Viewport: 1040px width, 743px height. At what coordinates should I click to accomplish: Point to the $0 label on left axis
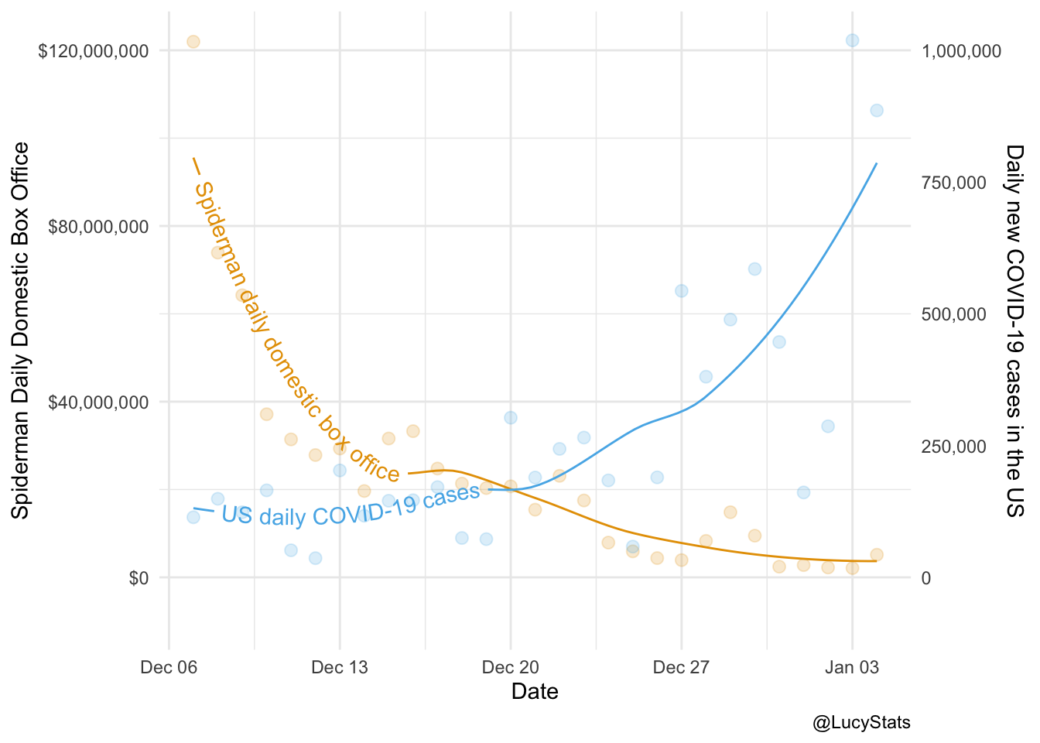click(139, 578)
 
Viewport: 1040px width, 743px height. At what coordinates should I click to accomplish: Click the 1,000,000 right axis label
click(961, 51)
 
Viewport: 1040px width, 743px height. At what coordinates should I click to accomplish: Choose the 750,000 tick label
click(954, 183)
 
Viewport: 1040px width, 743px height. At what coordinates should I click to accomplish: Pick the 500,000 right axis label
click(954, 314)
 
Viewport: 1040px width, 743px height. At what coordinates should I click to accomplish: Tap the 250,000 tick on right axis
click(954, 447)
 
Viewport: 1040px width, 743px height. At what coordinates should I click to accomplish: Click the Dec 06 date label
click(169, 667)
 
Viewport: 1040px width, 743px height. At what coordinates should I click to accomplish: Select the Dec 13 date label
click(340, 667)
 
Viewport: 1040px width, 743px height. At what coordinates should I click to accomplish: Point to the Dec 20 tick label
click(510, 667)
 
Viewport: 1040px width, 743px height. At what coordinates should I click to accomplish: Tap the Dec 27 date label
click(681, 667)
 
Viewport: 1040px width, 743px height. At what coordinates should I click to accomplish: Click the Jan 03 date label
click(852, 667)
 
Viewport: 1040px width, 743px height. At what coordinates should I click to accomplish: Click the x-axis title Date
click(535, 691)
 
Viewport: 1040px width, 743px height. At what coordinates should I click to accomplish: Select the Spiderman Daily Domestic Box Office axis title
click(21, 330)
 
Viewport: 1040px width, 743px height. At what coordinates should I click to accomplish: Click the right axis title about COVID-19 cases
click(1014, 330)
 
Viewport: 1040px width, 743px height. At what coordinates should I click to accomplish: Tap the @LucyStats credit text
click(861, 723)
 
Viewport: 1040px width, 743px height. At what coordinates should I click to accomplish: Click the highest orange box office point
click(193, 42)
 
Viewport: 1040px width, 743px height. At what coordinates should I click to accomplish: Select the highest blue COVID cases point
click(852, 40)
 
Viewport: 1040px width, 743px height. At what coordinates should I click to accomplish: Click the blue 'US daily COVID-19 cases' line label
click(351, 508)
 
